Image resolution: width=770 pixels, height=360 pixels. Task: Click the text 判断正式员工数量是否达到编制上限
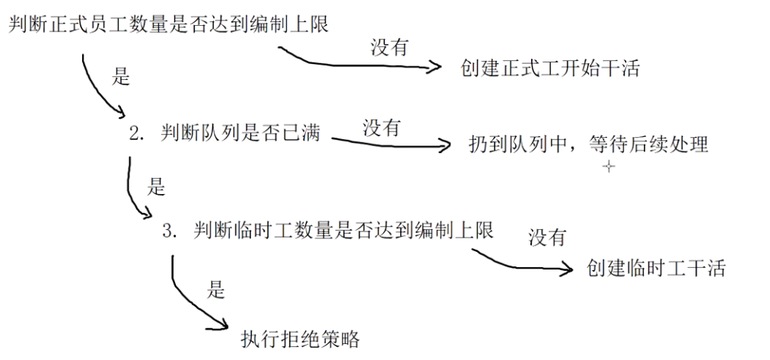click(168, 24)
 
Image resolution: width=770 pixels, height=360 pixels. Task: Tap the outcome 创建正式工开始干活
click(550, 68)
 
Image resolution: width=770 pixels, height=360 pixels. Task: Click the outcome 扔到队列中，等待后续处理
click(589, 144)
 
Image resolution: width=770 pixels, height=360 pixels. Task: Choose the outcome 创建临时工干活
click(656, 268)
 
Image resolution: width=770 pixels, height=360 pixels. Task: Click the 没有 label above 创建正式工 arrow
click(390, 48)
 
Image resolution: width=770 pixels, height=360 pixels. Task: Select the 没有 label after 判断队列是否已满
click(381, 127)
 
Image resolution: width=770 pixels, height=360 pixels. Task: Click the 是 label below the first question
click(121, 77)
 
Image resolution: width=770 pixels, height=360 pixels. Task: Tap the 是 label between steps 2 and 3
click(155, 186)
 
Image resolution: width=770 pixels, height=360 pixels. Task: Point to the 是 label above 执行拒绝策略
click(216, 290)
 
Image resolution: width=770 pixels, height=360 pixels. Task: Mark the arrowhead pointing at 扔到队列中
click(447, 145)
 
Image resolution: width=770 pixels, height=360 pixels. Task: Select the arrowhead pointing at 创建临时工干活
click(566, 268)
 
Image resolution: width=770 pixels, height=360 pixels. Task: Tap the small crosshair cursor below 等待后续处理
click(608, 167)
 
